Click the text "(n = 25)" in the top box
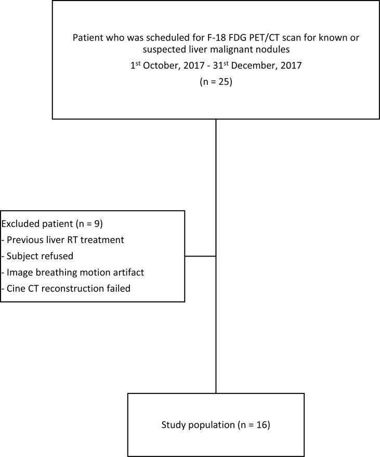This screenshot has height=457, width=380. coord(216,82)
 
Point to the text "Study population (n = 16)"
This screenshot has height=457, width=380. coord(216,425)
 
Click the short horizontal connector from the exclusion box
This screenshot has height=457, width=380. coord(200,256)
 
